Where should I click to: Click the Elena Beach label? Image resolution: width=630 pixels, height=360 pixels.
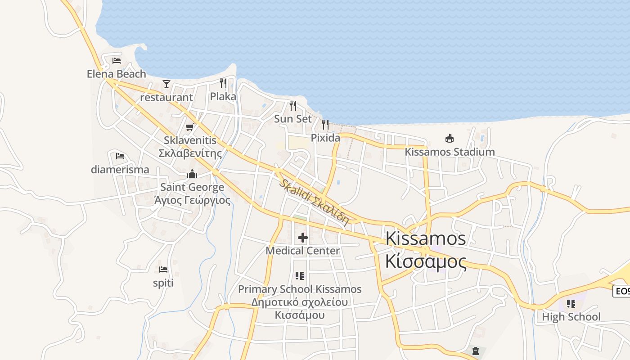click(x=117, y=74)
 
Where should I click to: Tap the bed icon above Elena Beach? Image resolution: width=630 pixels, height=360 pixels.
click(x=117, y=60)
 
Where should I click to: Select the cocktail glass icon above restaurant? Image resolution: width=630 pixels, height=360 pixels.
click(x=166, y=84)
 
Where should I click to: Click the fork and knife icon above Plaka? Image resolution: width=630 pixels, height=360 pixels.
click(x=223, y=83)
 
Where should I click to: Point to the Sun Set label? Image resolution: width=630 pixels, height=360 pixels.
click(x=293, y=119)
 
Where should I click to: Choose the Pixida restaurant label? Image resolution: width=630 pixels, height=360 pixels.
click(x=325, y=138)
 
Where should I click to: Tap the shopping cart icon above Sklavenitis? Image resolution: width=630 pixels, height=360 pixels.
click(x=190, y=127)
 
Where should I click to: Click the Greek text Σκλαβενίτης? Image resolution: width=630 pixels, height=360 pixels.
click(x=190, y=153)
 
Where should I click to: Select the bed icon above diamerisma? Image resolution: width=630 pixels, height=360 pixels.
click(x=120, y=156)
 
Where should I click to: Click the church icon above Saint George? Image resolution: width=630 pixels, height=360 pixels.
click(x=192, y=174)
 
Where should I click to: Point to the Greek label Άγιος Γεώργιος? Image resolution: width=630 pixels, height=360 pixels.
click(x=192, y=200)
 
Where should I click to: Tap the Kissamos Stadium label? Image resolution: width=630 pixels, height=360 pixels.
click(x=450, y=152)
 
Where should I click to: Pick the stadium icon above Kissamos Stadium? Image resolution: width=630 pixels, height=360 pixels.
click(x=449, y=138)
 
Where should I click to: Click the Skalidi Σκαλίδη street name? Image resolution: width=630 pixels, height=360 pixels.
click(x=314, y=202)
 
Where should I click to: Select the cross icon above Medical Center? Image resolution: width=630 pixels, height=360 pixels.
click(x=303, y=237)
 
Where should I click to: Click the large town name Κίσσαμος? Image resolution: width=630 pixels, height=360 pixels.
click(x=426, y=261)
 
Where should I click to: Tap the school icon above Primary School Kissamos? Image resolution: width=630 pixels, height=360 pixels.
click(x=300, y=275)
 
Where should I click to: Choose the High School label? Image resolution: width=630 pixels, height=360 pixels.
click(x=571, y=317)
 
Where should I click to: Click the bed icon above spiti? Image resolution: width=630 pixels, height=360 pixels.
click(x=163, y=270)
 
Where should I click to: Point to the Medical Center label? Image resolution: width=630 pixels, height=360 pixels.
click(x=303, y=250)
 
